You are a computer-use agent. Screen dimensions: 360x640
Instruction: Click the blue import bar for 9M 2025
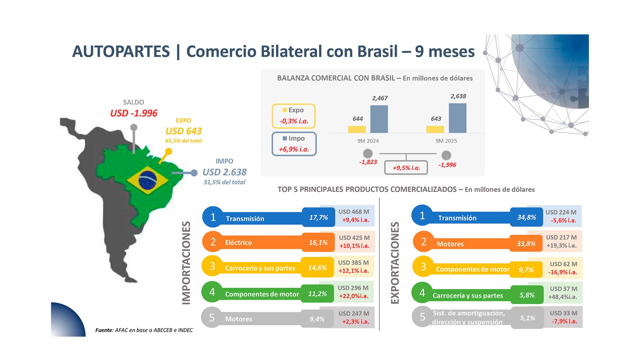pos(457,118)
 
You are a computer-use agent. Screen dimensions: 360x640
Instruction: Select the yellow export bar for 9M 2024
pos(357,129)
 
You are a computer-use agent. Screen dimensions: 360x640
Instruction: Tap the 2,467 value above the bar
pos(380,98)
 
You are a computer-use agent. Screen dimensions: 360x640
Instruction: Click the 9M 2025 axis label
pos(446,141)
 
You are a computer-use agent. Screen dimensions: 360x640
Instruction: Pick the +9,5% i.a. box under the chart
pos(406,168)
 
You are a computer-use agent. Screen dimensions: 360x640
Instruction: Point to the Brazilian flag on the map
pos(147,180)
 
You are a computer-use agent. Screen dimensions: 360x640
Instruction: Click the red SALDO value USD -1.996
pos(134,113)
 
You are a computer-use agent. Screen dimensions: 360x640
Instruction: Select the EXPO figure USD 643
pos(184,131)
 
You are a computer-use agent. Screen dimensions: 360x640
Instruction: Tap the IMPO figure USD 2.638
pos(224,172)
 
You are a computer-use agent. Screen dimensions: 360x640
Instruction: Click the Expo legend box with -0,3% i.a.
pos(294,116)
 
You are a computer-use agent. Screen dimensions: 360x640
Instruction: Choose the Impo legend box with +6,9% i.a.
pos(294,144)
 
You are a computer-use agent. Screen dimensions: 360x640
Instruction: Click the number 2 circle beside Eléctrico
pos(213,242)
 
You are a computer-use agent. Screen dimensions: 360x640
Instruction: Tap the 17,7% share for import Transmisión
pos(318,218)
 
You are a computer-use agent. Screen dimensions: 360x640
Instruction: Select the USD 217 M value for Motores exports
pos(561,238)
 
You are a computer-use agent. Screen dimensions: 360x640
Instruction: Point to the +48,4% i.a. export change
pos(562,297)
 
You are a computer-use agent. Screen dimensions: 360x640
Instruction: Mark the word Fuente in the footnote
pos(104,330)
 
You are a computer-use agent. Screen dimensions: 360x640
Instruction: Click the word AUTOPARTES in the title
pos(121,52)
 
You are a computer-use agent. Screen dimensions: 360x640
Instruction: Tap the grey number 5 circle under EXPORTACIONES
pos(422,317)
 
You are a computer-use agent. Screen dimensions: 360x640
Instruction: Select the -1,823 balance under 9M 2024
pos(368,162)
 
